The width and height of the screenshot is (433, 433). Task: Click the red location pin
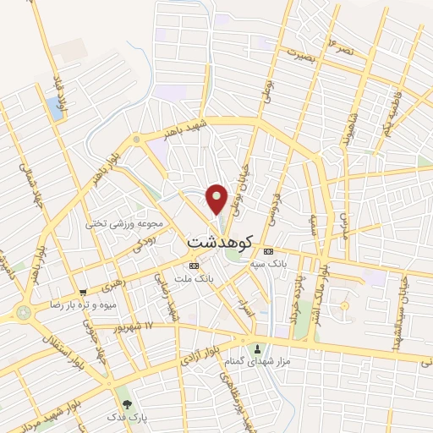[218, 198]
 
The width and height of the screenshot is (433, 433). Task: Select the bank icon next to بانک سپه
[269, 251]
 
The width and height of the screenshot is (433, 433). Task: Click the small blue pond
[56, 107]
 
